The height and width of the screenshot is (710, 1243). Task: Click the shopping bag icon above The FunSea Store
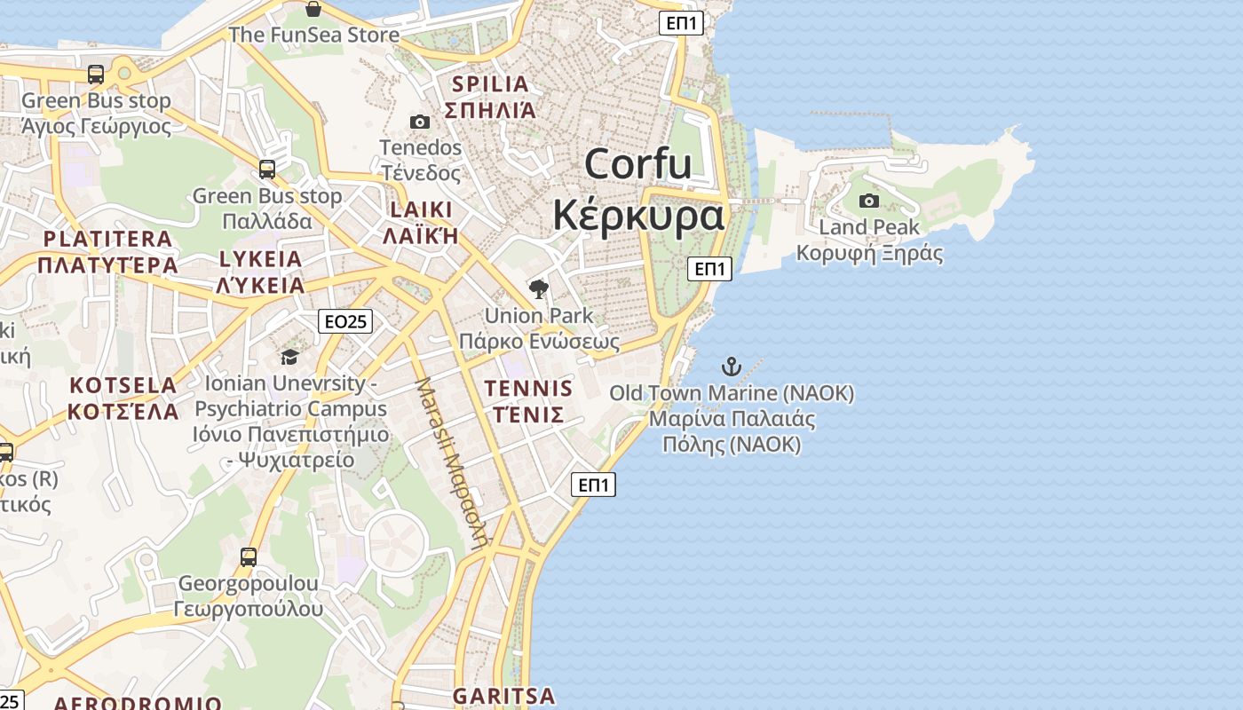click(x=313, y=10)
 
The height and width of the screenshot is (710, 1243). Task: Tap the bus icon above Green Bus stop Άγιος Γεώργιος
click(x=96, y=75)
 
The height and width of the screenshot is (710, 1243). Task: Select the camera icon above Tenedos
click(x=420, y=122)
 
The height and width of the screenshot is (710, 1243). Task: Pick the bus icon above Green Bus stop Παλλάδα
click(x=267, y=169)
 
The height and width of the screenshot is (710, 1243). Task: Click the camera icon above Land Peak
click(x=869, y=201)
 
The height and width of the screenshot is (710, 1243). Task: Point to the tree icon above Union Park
click(x=538, y=288)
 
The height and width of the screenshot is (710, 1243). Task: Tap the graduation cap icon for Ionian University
click(x=289, y=357)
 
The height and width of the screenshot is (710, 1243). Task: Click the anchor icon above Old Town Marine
click(x=731, y=366)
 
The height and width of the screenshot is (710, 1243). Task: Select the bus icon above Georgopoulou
click(x=249, y=557)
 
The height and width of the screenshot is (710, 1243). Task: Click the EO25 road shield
click(x=345, y=321)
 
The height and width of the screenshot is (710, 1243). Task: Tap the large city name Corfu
click(x=637, y=164)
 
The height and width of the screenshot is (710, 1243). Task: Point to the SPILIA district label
click(x=490, y=84)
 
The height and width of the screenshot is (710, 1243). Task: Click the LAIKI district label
click(x=421, y=210)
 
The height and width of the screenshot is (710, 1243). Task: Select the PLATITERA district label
click(x=107, y=239)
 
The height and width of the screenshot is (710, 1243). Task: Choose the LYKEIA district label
click(x=261, y=259)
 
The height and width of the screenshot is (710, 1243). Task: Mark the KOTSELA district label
click(x=123, y=385)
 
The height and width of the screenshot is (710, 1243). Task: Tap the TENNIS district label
click(x=528, y=389)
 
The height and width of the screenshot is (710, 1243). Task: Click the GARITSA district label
click(x=503, y=696)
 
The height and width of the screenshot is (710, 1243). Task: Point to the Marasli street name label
click(x=452, y=462)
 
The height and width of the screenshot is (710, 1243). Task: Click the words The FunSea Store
click(x=313, y=35)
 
